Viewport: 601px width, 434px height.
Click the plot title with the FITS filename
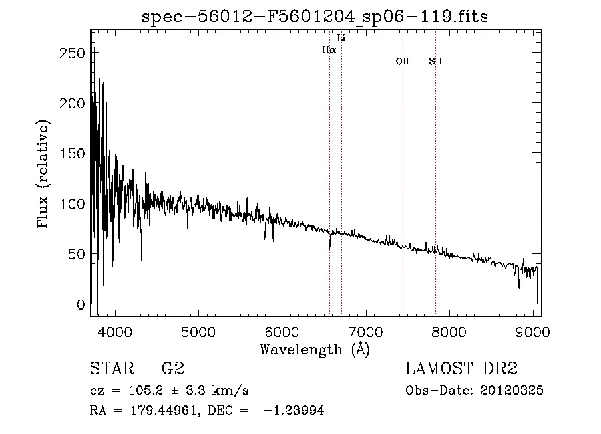click(x=315, y=17)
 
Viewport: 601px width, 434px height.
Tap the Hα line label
click(x=329, y=49)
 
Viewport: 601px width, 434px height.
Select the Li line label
click(x=341, y=38)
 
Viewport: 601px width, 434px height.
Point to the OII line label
click(x=403, y=62)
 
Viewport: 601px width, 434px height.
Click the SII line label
click(x=435, y=62)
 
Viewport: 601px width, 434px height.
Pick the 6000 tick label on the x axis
click(x=282, y=331)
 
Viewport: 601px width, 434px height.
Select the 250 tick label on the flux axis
click(x=73, y=53)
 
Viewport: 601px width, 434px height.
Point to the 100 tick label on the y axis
click(x=73, y=204)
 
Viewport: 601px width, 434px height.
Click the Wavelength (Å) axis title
click(x=315, y=349)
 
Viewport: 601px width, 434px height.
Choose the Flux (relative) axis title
click(x=45, y=175)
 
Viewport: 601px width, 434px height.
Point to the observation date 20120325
click(x=514, y=391)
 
